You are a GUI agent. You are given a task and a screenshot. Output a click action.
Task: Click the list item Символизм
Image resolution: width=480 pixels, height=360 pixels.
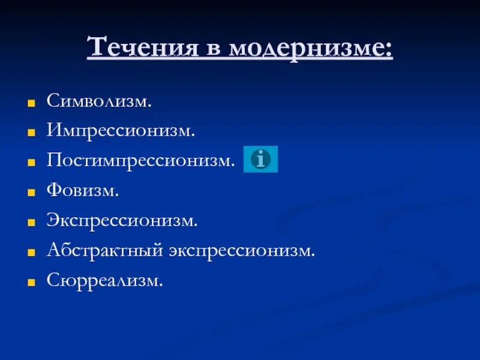coord(99,100)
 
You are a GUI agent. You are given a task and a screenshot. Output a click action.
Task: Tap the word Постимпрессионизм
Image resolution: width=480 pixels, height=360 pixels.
coord(140,160)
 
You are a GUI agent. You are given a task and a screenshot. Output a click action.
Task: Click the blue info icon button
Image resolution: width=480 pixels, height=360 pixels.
coord(260,159)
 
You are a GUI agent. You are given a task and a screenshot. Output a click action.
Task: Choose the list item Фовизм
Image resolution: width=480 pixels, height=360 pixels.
coord(83,191)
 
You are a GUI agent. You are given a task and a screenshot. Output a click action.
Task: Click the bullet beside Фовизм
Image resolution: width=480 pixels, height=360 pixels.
coord(32,193)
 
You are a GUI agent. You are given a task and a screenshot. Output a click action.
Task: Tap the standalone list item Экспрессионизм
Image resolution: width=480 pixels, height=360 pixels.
coord(122,221)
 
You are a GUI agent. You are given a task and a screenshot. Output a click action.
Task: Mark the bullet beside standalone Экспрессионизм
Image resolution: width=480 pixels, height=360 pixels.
coord(32,223)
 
